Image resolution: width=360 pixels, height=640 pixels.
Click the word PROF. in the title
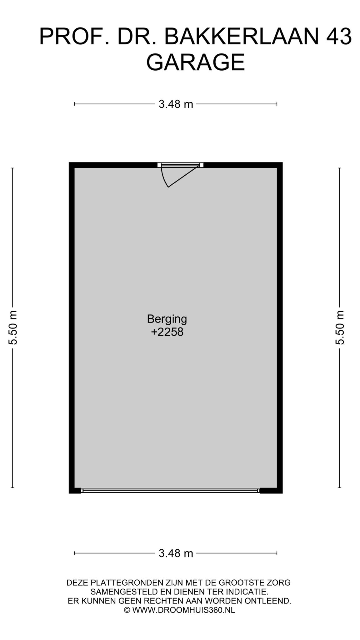[x=74, y=37]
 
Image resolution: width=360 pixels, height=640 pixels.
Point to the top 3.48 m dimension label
[x=176, y=104]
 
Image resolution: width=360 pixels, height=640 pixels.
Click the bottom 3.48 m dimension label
[x=176, y=553]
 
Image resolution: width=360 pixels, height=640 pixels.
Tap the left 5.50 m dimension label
[x=13, y=327]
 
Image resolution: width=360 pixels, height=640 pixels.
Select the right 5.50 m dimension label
[x=340, y=327]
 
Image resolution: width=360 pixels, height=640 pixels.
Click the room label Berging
[x=167, y=319]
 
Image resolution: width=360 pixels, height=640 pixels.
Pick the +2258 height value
[x=167, y=332]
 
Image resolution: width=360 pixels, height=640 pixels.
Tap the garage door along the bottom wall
[x=170, y=491]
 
